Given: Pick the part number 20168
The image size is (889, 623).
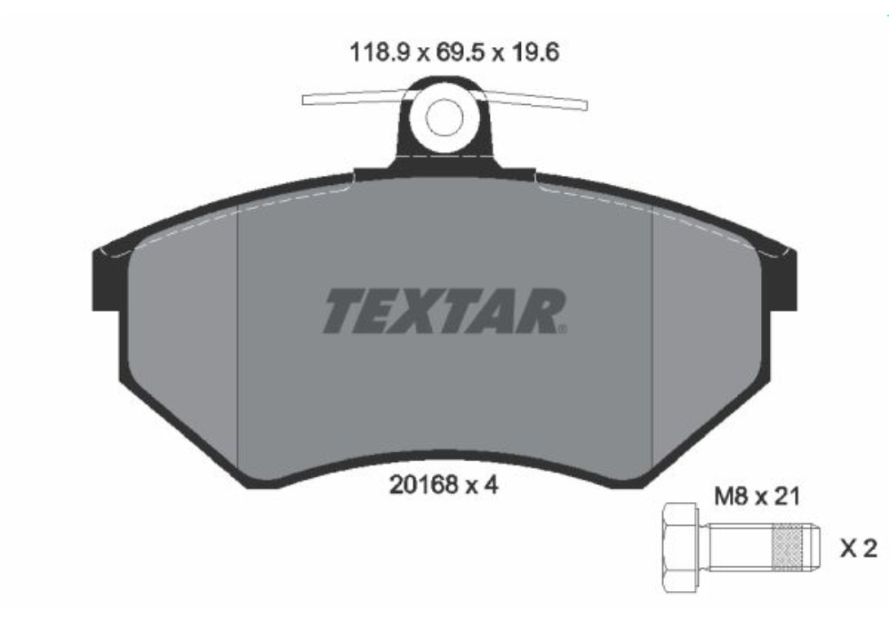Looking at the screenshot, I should (x=423, y=486).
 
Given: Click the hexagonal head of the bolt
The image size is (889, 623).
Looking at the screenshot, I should (x=682, y=548).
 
